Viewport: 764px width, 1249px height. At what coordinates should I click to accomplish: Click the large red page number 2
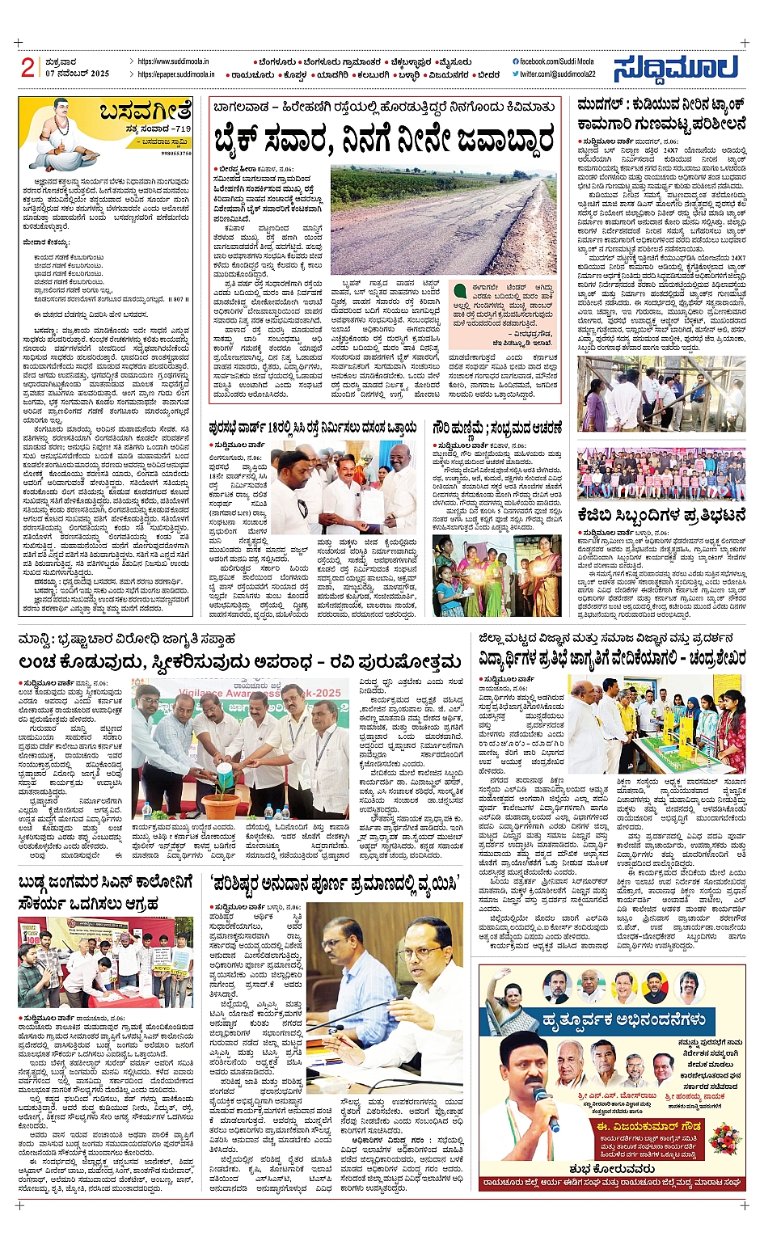(27, 68)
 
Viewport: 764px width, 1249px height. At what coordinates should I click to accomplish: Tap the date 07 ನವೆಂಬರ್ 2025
(77, 74)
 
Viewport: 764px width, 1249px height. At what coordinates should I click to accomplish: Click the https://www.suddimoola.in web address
(173, 61)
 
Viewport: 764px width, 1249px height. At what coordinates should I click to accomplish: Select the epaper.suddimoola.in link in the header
(175, 74)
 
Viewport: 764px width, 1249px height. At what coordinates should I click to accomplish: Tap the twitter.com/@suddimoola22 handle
(557, 74)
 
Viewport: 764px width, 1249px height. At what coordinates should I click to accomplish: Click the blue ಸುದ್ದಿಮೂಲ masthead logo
(676, 69)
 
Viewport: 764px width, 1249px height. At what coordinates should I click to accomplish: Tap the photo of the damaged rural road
(443, 221)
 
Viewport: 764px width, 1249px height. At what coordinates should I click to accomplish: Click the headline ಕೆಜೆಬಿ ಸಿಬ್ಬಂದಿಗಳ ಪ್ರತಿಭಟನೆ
(661, 515)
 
